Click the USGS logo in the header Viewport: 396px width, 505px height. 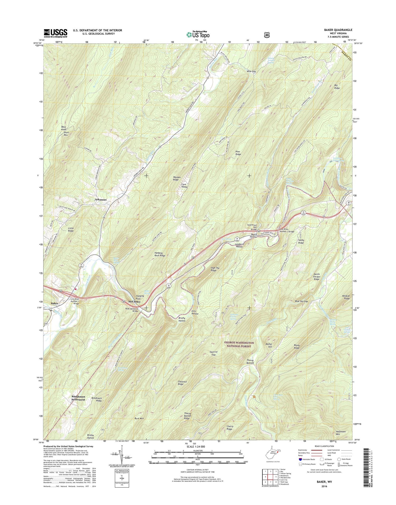(x=55, y=33)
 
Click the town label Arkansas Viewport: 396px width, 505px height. (x=101, y=200)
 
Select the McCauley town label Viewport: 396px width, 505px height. (x=134, y=301)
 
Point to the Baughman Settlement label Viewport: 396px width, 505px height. (x=78, y=398)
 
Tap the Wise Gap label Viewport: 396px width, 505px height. (x=251, y=71)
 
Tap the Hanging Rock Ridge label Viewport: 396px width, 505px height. (x=160, y=254)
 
